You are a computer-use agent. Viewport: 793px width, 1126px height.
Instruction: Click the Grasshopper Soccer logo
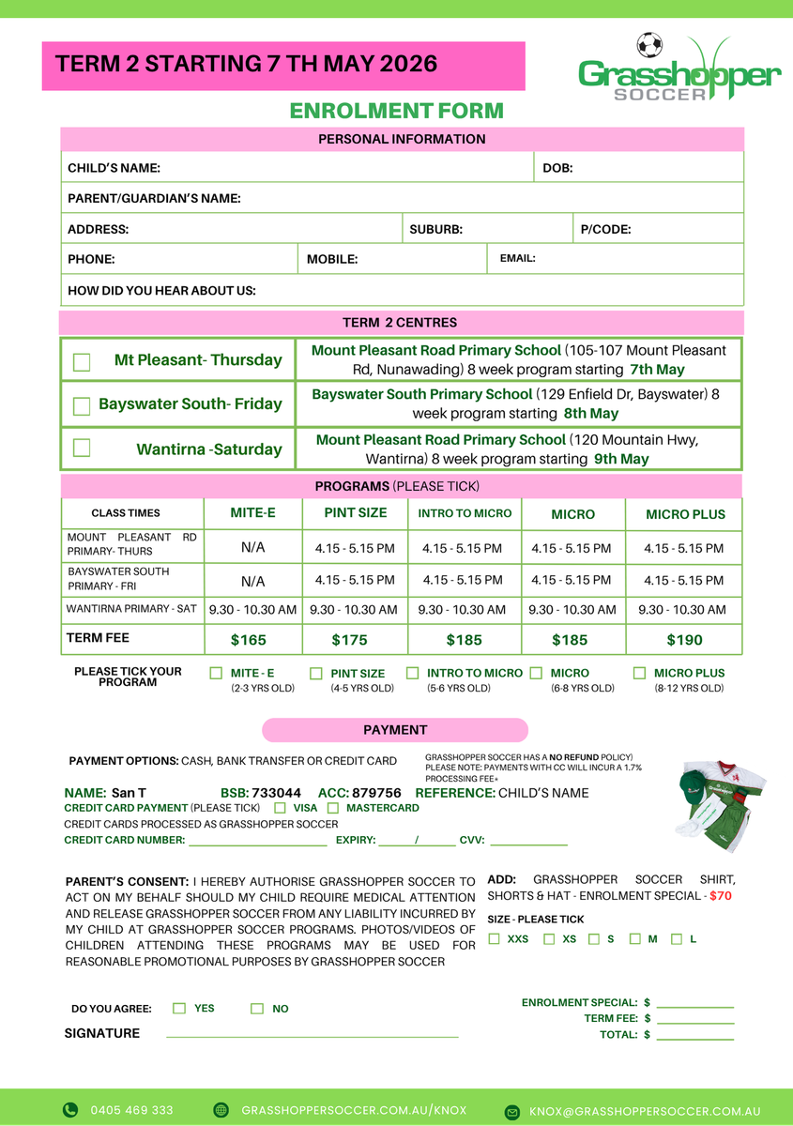click(x=679, y=69)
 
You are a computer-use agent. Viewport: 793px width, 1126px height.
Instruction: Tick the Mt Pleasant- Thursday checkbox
click(x=82, y=362)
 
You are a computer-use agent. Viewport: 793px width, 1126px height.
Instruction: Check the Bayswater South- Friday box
click(x=82, y=406)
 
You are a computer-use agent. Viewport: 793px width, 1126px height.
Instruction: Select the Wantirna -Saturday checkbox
click(x=82, y=449)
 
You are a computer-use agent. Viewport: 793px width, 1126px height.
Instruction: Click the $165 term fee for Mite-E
click(x=249, y=640)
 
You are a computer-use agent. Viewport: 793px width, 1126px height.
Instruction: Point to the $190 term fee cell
click(x=683, y=640)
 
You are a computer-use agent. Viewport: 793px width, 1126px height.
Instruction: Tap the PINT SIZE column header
click(x=356, y=513)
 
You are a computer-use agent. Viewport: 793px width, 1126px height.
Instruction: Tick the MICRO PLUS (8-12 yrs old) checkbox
click(x=639, y=673)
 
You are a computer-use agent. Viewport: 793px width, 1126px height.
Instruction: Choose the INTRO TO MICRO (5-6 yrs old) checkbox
click(x=413, y=673)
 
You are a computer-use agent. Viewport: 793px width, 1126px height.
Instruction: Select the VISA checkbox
click(x=280, y=808)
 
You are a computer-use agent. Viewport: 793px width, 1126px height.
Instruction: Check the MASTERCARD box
click(x=333, y=808)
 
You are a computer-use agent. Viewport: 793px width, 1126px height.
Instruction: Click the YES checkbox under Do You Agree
click(x=179, y=1009)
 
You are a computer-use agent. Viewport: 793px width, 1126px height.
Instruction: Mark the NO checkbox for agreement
click(x=257, y=1009)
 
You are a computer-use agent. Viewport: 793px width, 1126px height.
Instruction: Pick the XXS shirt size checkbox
click(x=495, y=939)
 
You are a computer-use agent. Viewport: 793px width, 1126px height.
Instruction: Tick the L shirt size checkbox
click(x=677, y=939)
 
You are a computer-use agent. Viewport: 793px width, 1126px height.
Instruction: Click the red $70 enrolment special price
click(x=721, y=896)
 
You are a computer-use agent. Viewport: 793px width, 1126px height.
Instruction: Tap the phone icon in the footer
click(x=70, y=1110)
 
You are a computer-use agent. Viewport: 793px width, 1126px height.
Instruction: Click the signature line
click(x=312, y=1035)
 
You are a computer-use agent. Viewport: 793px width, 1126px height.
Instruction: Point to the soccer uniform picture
click(x=720, y=799)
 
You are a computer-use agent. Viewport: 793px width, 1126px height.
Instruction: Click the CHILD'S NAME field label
click(x=114, y=169)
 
